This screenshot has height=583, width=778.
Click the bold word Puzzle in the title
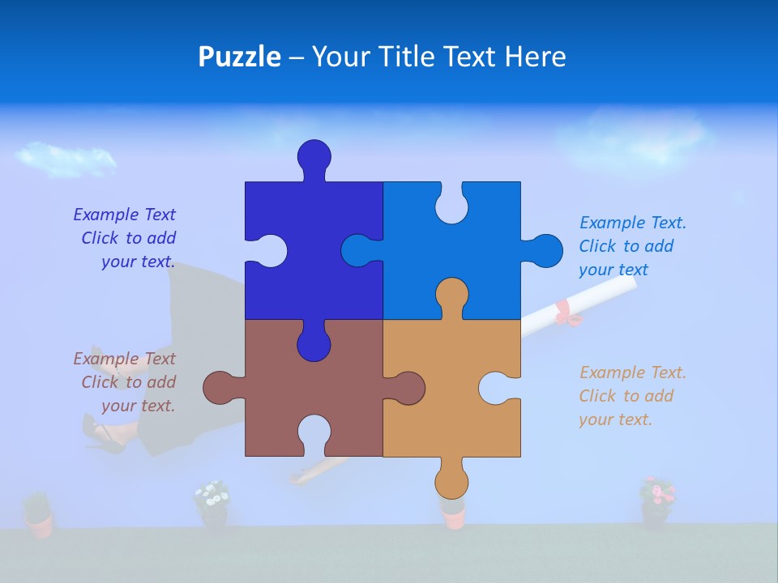[239, 57]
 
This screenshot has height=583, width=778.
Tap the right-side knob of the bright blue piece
[545, 251]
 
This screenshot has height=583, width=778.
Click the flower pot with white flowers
[212, 506]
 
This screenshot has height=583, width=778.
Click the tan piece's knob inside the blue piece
[451, 296]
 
